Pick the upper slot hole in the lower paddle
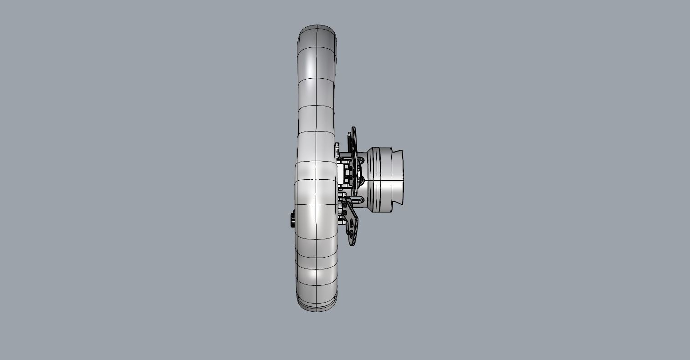tap(351, 223)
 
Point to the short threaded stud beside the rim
tap(340, 219)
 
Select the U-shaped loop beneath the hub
tap(358, 199)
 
